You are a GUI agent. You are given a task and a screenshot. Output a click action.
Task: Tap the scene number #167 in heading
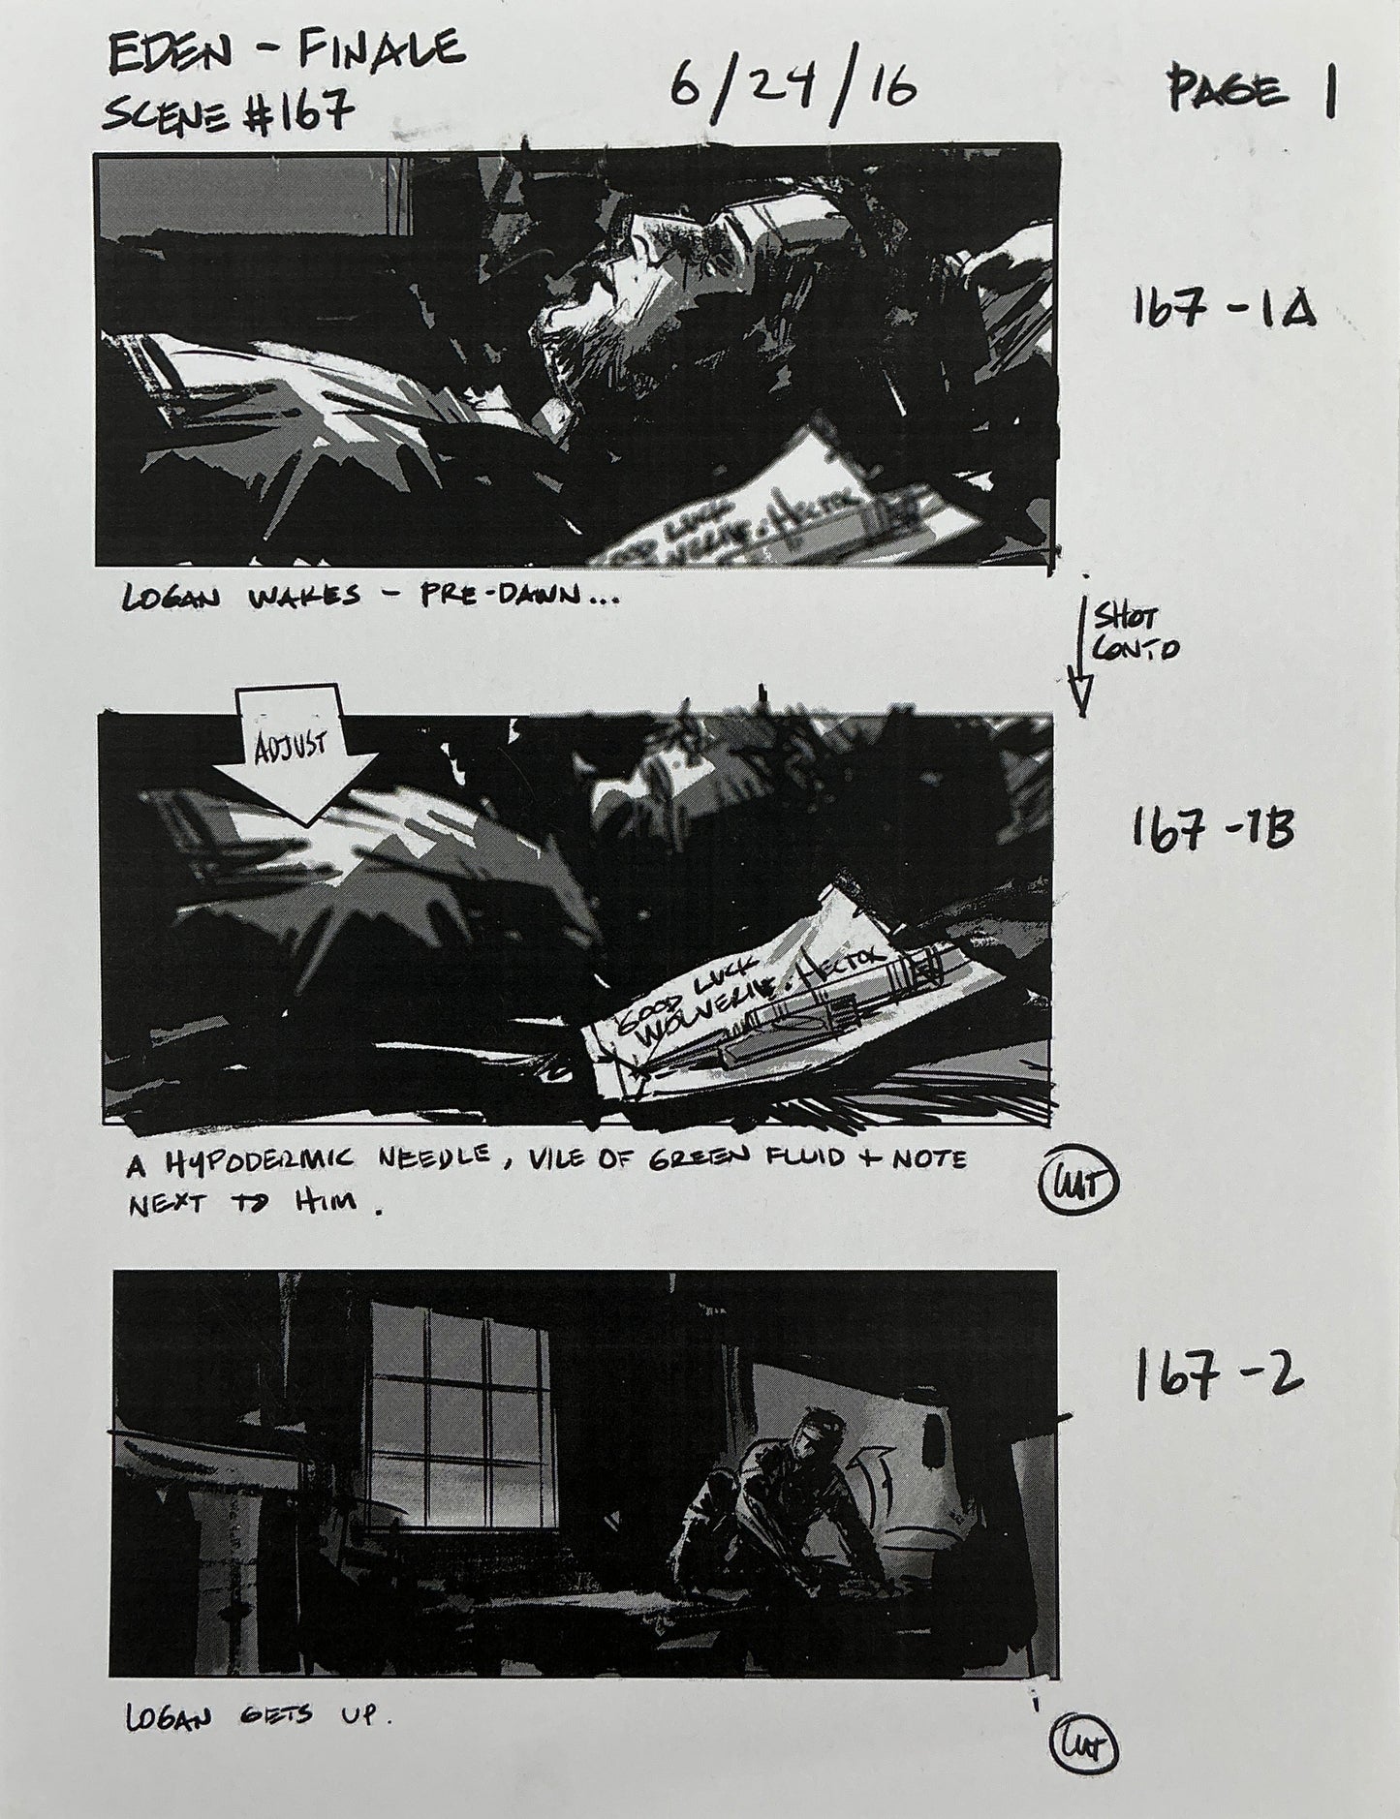(292, 116)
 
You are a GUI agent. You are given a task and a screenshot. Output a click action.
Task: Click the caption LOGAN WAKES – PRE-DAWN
(368, 599)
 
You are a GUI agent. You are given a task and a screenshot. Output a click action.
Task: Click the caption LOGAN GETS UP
(258, 1717)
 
